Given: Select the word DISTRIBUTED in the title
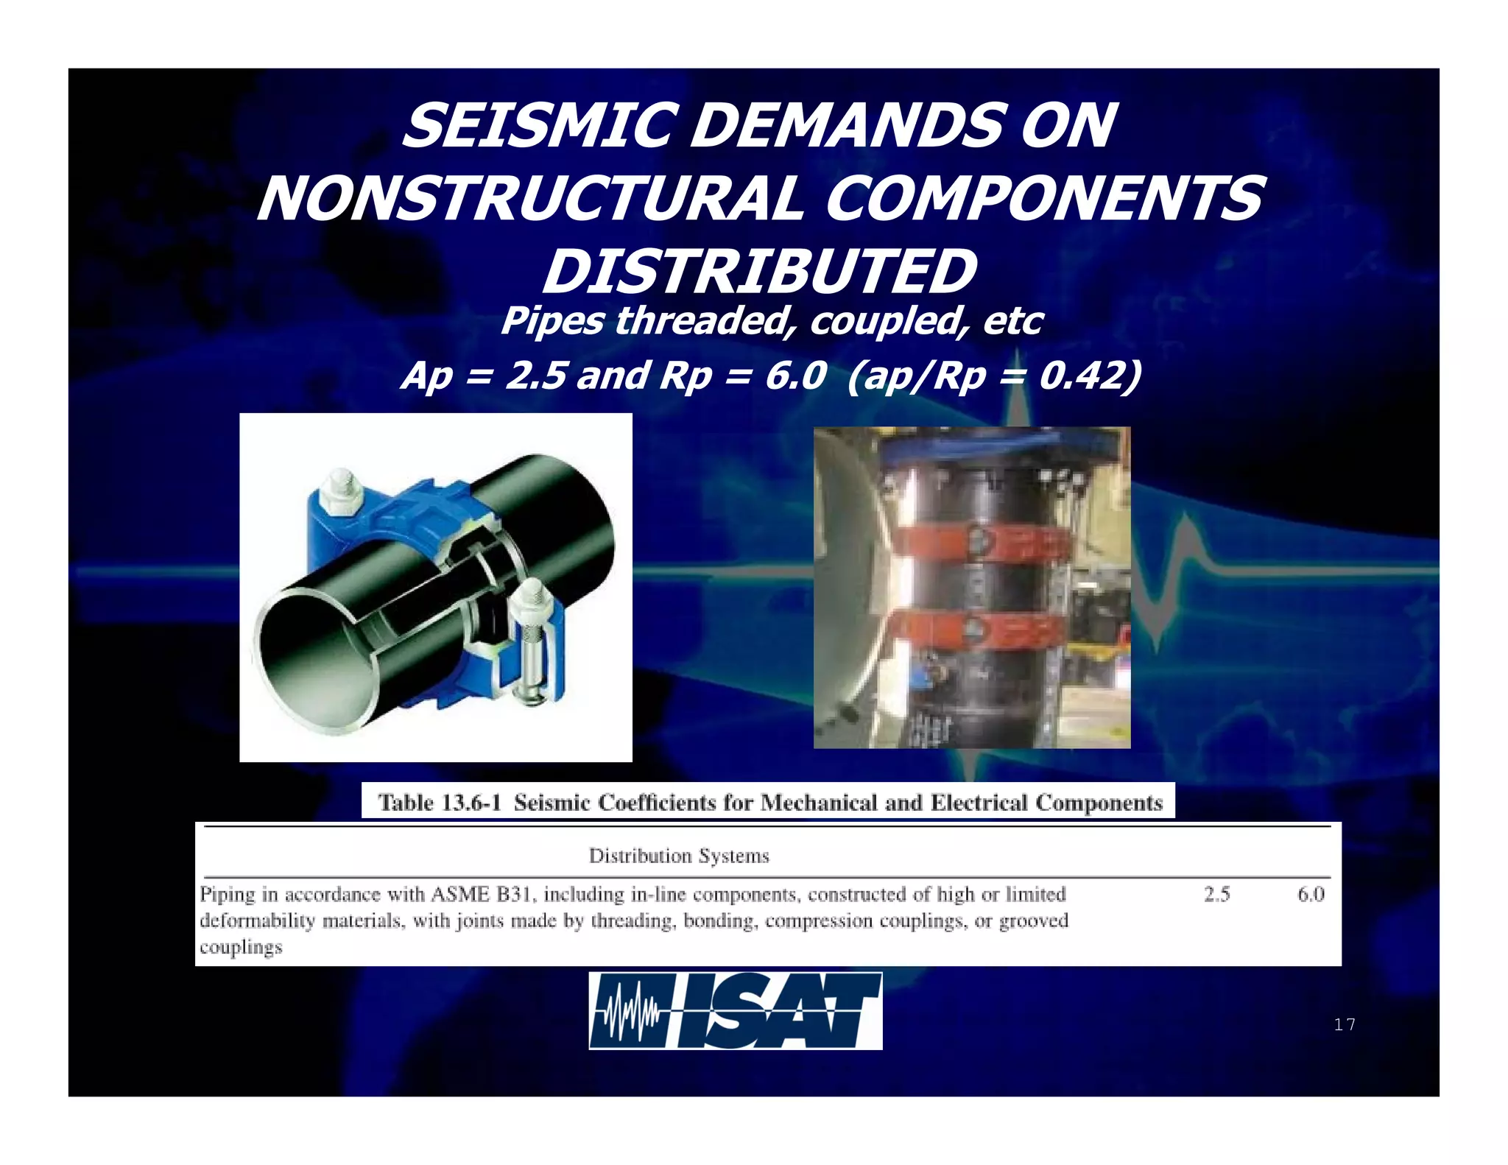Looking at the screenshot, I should (759, 272).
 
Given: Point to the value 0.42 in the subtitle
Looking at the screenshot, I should (1078, 376).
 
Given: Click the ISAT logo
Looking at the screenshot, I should (735, 1010).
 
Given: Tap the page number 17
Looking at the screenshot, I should (1344, 1024).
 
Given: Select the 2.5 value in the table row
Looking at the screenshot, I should (1216, 895).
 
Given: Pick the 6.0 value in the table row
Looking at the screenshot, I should (1311, 895).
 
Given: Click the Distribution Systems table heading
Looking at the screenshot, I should (679, 856).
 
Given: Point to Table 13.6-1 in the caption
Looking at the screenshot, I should (439, 802).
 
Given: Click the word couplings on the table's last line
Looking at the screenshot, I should (241, 947).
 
